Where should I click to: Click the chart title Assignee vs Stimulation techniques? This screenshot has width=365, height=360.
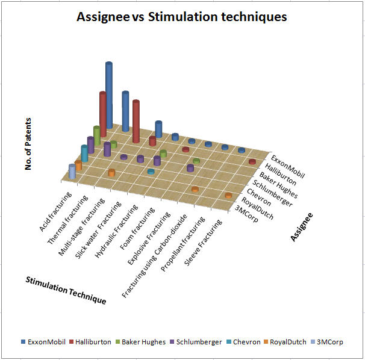click(x=182, y=17)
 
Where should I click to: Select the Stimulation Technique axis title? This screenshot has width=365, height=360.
click(x=66, y=290)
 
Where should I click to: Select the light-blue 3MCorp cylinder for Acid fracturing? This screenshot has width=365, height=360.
click(x=72, y=172)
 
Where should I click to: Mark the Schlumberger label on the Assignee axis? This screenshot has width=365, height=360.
click(x=273, y=192)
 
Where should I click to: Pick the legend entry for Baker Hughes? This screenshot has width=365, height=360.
click(x=143, y=342)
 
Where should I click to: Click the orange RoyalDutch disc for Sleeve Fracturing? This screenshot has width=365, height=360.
click(x=228, y=196)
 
